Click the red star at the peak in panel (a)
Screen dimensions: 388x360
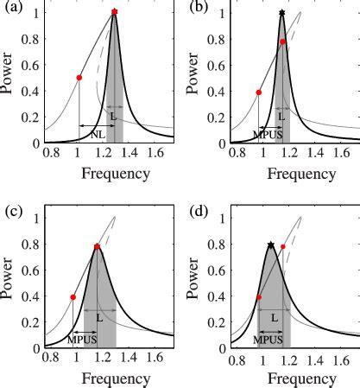115,13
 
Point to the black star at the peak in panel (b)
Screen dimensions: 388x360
282,13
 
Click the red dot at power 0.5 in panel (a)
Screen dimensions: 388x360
79,78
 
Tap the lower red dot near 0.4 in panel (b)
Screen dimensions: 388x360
258,92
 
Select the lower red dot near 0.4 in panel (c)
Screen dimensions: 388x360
73,297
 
